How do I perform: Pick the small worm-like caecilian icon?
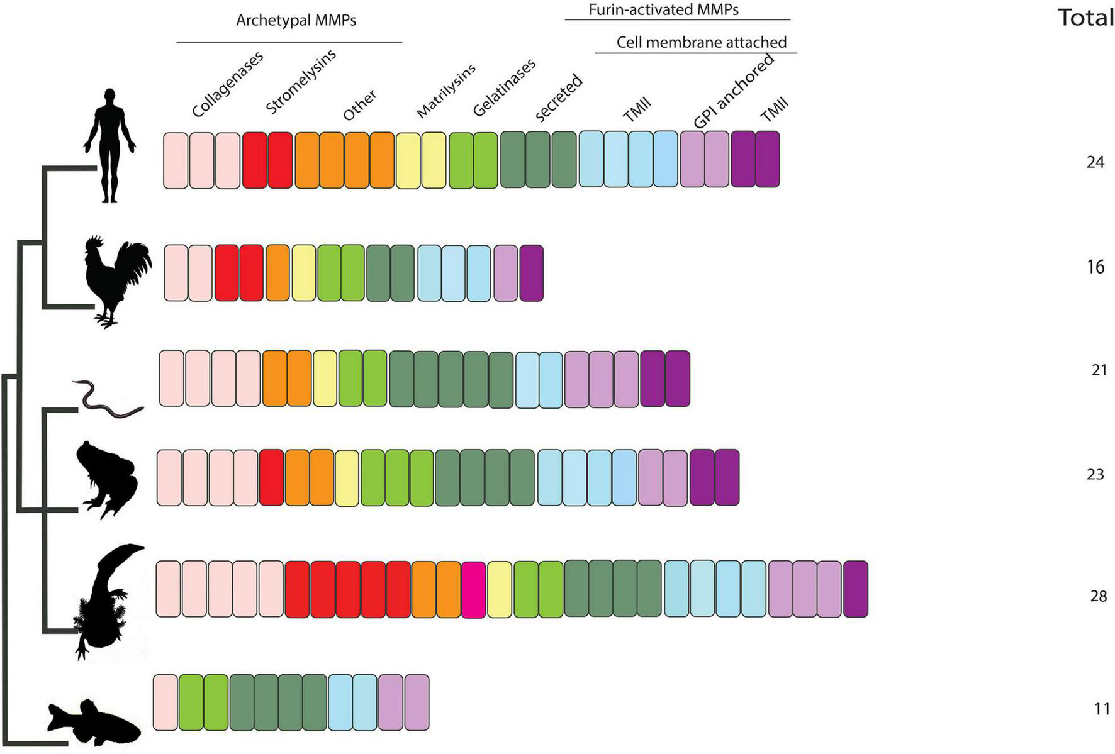pyautogui.click(x=107, y=399)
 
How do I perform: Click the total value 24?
pyautogui.click(x=1095, y=162)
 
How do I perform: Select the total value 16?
pyautogui.click(x=1095, y=267)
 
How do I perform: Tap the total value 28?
pyautogui.click(x=1098, y=596)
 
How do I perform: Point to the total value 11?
pyautogui.click(x=1101, y=709)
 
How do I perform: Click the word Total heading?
pyautogui.click(x=1086, y=18)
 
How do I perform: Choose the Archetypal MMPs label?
pyautogui.click(x=296, y=21)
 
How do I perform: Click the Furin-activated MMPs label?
pyautogui.click(x=663, y=9)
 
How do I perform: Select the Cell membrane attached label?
pyautogui.click(x=701, y=42)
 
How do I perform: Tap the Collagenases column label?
pyautogui.click(x=227, y=84)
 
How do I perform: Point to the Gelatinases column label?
pyautogui.click(x=504, y=87)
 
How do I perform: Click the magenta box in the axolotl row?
pyautogui.click(x=473, y=589)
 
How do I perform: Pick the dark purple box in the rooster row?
pyautogui.click(x=532, y=273)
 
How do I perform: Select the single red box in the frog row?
pyautogui.click(x=271, y=478)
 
